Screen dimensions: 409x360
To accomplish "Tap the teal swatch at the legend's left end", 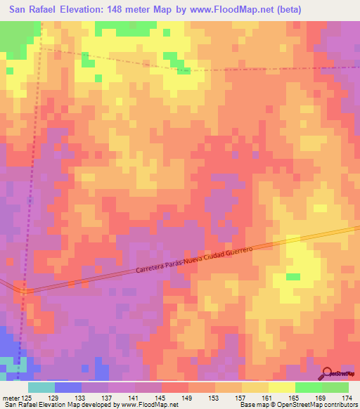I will [41, 387].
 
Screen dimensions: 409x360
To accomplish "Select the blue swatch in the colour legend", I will [67, 387].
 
